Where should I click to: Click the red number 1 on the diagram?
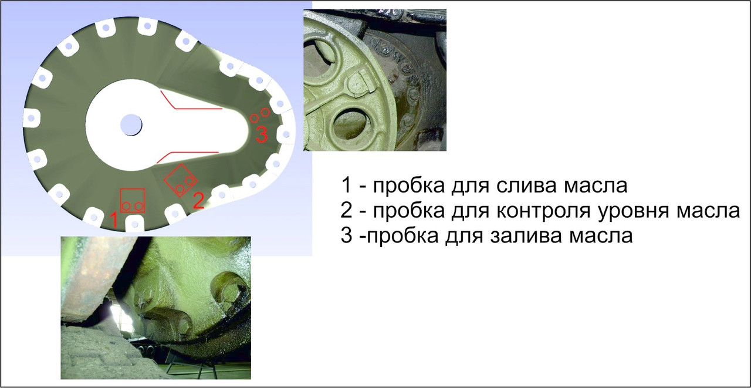114,220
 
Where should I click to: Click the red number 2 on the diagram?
198,201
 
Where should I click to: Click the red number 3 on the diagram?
262,134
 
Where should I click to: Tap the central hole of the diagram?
131,124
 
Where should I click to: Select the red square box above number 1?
133,200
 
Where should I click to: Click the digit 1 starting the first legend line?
347,185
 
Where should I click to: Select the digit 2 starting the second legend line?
347,210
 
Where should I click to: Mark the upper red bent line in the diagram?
188,103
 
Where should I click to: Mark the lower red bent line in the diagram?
186,154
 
